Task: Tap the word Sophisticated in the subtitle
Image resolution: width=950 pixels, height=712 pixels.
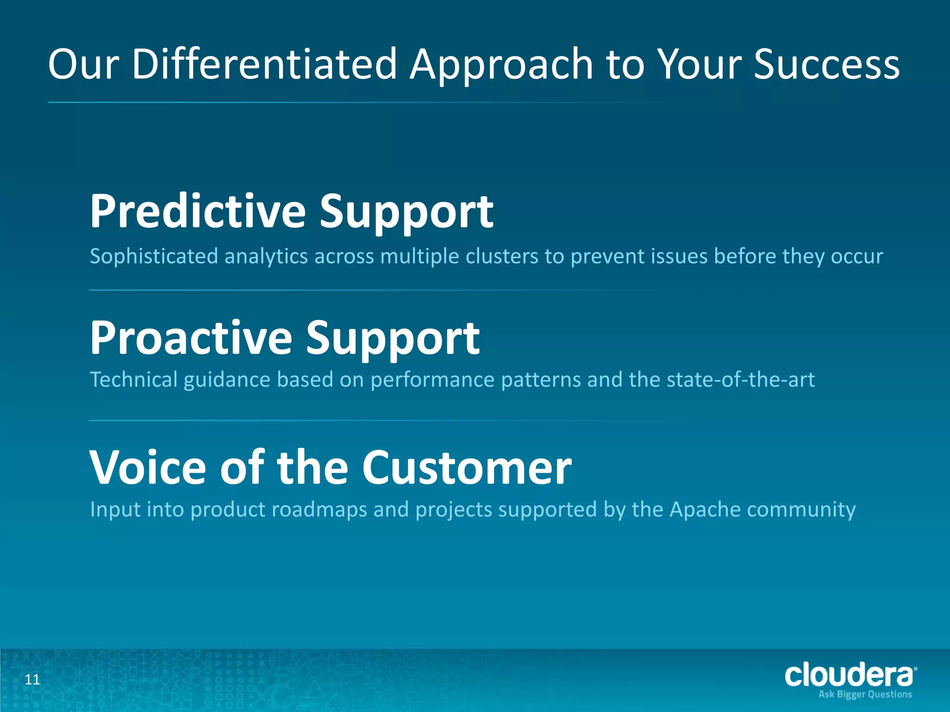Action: click(x=154, y=256)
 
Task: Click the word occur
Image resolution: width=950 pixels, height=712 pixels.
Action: click(x=857, y=256)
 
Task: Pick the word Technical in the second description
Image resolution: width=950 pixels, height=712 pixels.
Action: click(x=134, y=380)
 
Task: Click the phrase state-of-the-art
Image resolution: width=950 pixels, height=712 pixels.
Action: click(x=740, y=380)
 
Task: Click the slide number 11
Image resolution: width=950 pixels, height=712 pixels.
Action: click(x=32, y=680)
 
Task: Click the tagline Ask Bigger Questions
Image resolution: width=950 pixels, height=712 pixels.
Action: click(x=865, y=694)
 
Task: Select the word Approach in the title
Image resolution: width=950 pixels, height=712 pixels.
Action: click(x=501, y=65)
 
